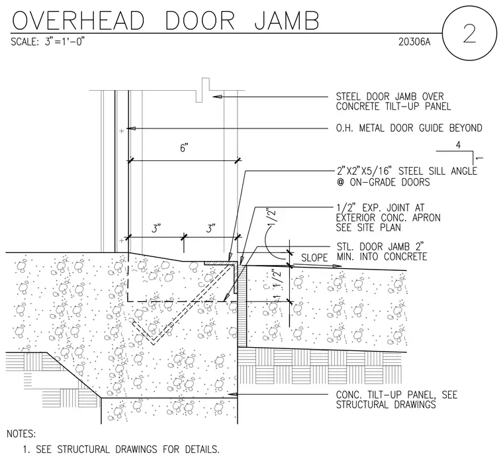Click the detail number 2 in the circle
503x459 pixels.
point(469,34)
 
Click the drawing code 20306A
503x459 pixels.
point(414,42)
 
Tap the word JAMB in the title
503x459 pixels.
point(287,21)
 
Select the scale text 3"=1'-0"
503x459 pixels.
point(64,42)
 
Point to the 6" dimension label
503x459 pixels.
point(184,148)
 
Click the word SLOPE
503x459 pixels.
point(314,258)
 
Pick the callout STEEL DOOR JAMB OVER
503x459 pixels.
point(390,96)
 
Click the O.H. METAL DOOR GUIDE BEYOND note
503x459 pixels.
point(409,128)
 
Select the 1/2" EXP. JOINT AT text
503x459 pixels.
point(380,208)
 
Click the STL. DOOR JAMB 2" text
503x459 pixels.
point(380,246)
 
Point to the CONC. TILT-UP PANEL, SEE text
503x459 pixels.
point(396,395)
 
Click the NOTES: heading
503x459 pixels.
point(21,434)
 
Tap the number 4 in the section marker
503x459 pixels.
point(458,145)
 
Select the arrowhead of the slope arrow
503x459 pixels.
point(337,266)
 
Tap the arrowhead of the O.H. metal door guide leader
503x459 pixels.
point(132,128)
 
